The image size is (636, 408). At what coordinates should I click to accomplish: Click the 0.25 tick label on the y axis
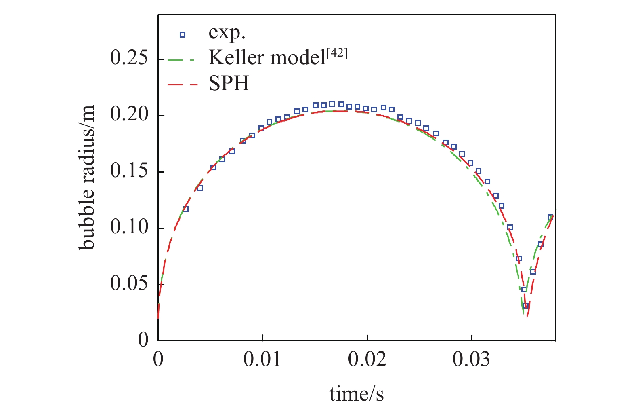pos(129,59)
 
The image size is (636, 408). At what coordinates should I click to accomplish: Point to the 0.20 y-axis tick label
pos(129,115)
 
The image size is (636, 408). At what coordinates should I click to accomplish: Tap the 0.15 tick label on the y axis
pos(129,171)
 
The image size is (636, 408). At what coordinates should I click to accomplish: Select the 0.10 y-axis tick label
pos(129,228)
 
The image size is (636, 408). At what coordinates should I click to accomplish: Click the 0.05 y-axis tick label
pos(129,284)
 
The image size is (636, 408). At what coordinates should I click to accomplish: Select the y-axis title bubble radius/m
pos(87,177)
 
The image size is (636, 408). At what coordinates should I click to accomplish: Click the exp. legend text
pos(227,33)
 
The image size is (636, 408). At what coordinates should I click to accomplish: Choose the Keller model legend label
pos(267,58)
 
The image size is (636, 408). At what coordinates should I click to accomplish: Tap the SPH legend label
pos(229,84)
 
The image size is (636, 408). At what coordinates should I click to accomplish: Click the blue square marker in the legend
pos(183,35)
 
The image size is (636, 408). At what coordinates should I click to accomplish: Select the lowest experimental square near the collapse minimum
pos(526,306)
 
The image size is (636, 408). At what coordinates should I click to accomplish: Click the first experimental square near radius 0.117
pos(186,209)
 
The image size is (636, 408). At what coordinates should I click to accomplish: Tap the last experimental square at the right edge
pos(550,217)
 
